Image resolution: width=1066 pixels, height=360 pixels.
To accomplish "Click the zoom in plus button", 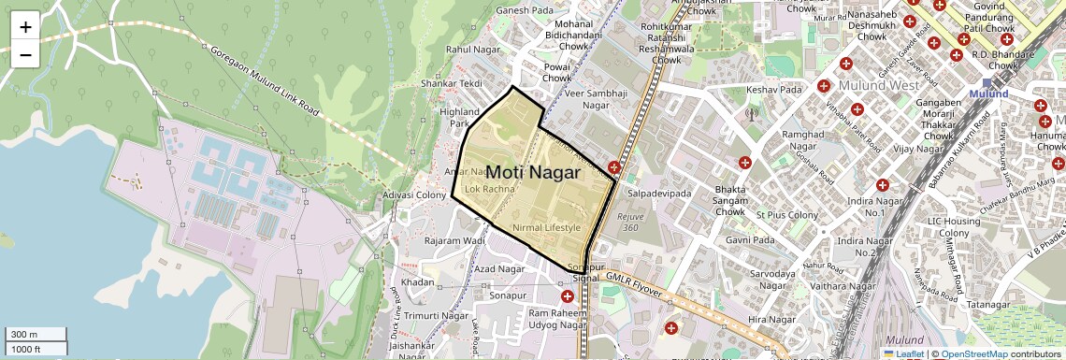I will [25, 27].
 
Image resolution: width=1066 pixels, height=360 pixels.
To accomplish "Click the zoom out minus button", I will [25, 54].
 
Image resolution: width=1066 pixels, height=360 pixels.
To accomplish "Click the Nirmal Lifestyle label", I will [547, 227].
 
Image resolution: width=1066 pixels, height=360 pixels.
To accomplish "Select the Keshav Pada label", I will [774, 90].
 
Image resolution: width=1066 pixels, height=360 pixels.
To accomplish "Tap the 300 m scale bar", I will [35, 335].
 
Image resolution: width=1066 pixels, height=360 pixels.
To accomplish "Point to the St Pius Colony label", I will [787, 215].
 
